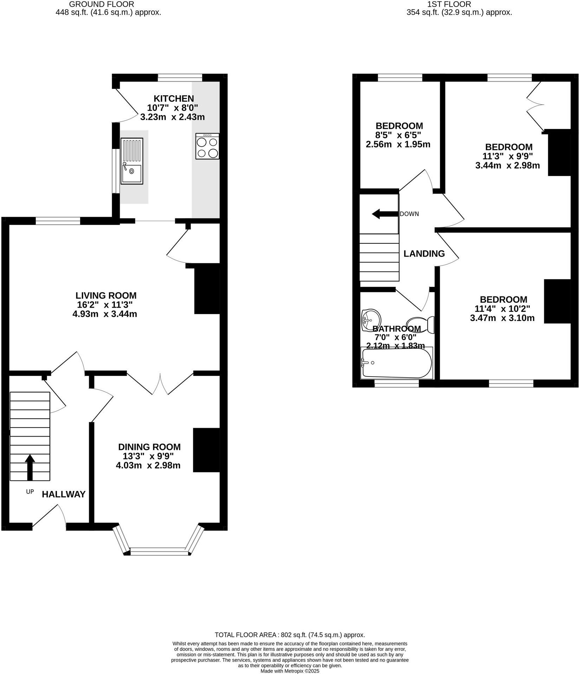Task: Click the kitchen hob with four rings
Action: tap(207, 146)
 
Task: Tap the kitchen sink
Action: tap(132, 161)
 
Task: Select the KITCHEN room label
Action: tap(173, 99)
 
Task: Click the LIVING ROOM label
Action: tap(106, 295)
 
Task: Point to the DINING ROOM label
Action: tap(149, 447)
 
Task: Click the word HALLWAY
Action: tap(64, 495)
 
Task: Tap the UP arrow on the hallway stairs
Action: tap(30, 467)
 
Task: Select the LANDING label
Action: tap(424, 254)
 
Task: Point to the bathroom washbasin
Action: tap(371, 320)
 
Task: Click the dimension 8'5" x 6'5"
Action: tap(398, 135)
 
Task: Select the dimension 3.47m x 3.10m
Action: tap(502, 318)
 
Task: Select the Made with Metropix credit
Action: tap(290, 671)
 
